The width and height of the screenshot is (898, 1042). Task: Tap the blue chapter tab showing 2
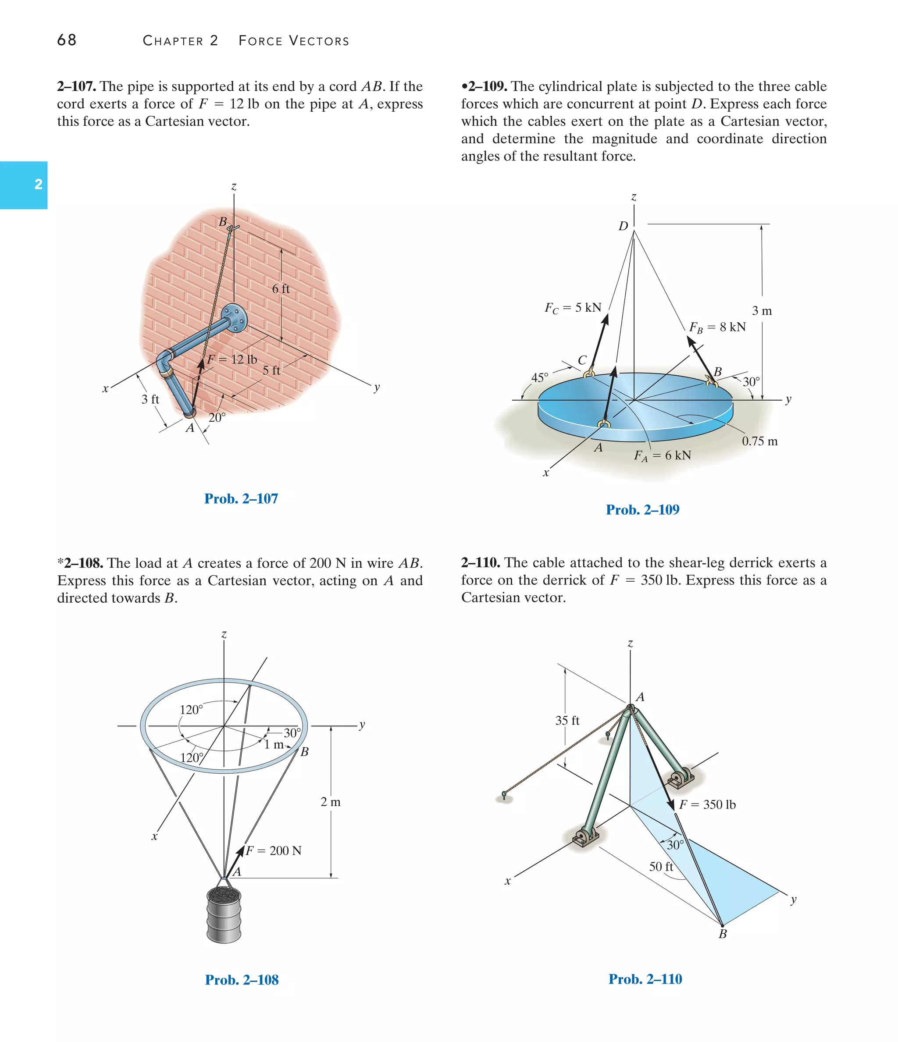(x=24, y=185)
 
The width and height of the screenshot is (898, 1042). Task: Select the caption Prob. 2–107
(x=241, y=498)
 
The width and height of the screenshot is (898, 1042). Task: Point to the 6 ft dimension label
(x=281, y=288)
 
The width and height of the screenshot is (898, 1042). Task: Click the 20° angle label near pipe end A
(x=217, y=417)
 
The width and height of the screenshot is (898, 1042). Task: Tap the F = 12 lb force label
(x=232, y=359)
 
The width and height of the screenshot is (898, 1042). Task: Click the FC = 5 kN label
(x=573, y=307)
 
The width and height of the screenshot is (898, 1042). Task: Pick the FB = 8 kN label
(x=717, y=327)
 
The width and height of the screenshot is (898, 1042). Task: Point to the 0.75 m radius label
(x=759, y=441)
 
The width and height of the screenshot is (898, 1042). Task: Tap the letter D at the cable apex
(x=623, y=226)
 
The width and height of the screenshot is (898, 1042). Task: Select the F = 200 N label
(x=274, y=850)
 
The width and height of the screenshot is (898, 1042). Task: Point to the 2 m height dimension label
(x=331, y=802)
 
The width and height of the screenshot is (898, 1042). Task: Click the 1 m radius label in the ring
(x=274, y=744)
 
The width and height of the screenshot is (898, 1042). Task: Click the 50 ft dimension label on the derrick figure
(x=660, y=867)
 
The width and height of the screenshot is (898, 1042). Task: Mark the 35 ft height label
(x=567, y=720)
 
